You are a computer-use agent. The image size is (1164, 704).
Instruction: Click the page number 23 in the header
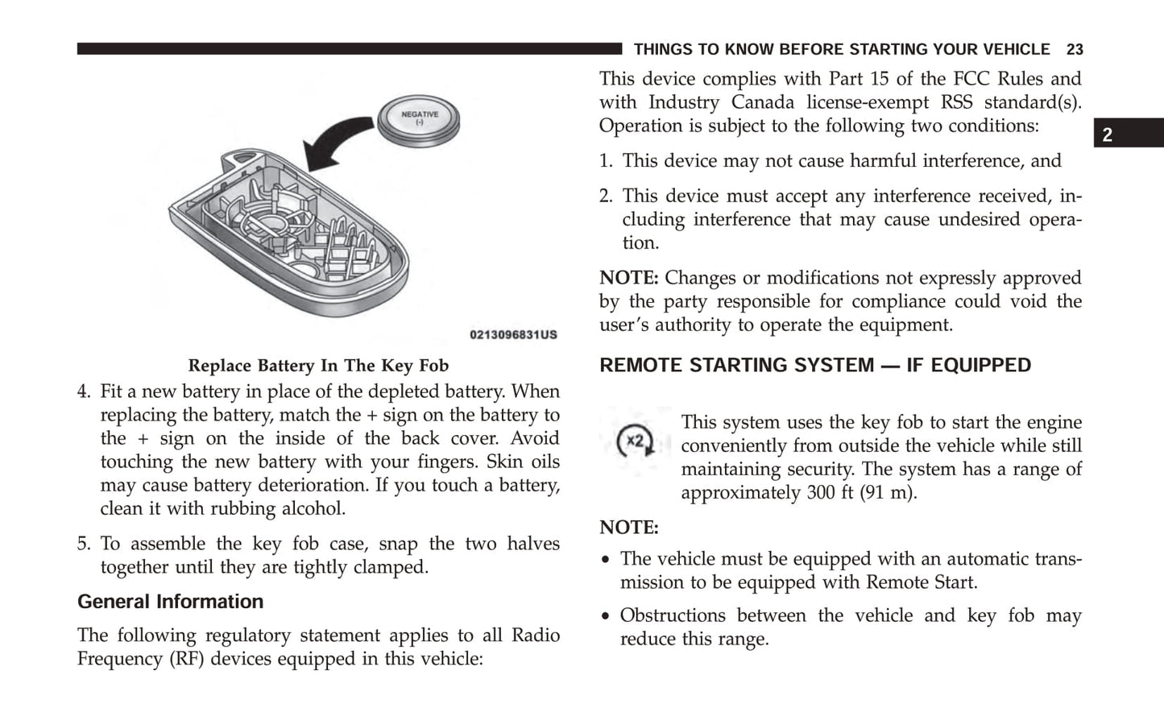[x=1075, y=50]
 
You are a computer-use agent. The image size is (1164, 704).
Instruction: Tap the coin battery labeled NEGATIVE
[x=419, y=120]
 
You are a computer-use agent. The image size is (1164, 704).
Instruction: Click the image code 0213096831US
[x=513, y=334]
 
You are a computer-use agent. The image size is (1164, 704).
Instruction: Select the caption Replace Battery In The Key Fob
[x=318, y=366]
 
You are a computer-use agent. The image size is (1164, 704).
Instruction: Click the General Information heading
[x=170, y=602]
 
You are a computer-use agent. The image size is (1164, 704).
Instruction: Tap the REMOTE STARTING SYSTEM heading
[x=814, y=366]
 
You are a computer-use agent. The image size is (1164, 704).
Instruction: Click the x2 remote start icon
[x=635, y=441]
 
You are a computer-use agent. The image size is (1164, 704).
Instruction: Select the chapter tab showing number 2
[x=1108, y=135]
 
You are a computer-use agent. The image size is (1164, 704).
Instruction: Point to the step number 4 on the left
[x=84, y=392]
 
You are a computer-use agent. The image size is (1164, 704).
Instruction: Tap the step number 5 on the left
[x=84, y=545]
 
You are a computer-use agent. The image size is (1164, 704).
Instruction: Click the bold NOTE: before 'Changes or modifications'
[x=628, y=279]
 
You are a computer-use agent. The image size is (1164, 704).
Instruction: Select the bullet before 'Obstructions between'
[x=606, y=617]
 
